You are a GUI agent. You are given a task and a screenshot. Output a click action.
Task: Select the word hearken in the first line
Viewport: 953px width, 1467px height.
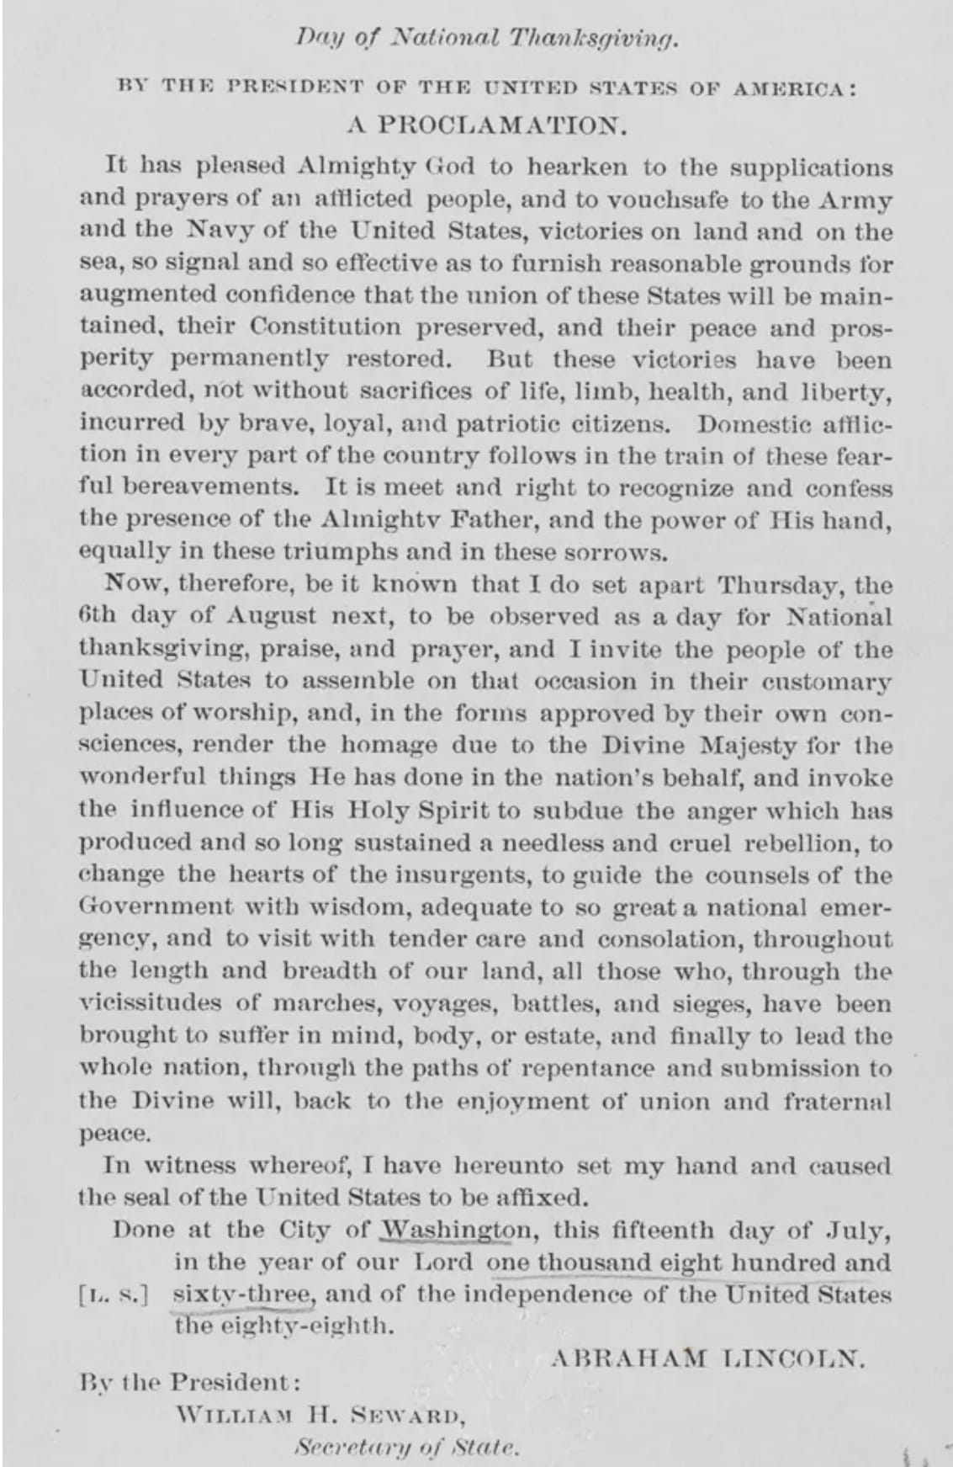coord(576,167)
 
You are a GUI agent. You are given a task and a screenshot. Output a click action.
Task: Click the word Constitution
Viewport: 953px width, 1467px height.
coord(326,327)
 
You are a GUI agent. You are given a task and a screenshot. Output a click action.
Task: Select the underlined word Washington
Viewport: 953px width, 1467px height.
coord(457,1230)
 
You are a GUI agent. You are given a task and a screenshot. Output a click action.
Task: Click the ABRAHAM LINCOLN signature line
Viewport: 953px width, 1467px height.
coord(707,1357)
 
